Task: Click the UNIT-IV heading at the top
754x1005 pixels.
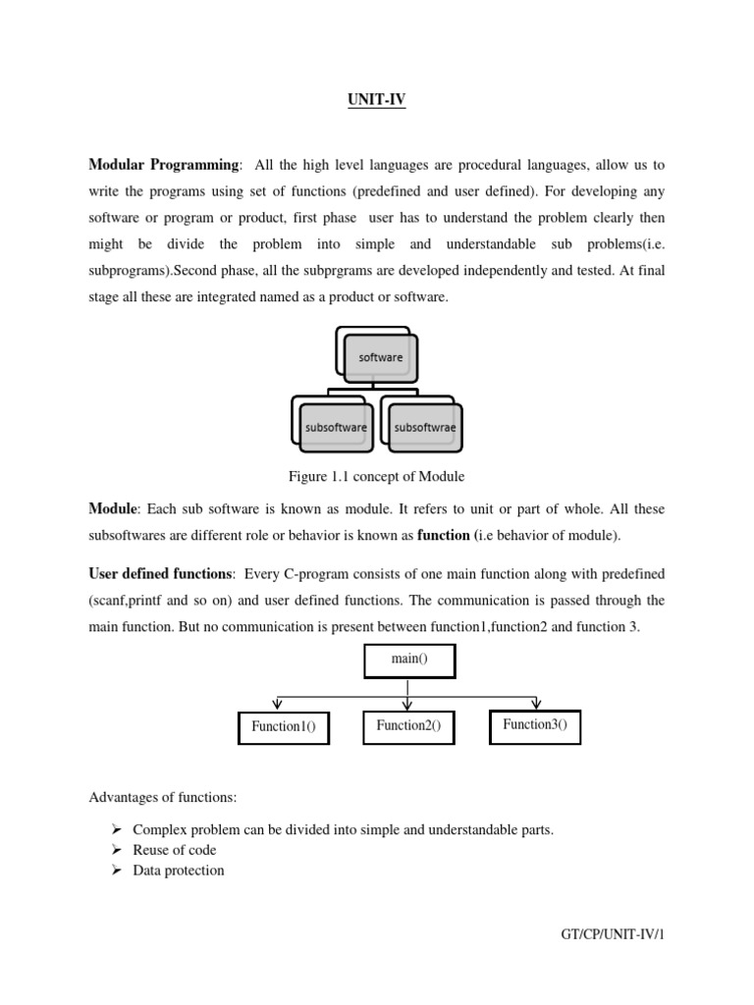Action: [x=378, y=99]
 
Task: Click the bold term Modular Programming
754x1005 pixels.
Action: [x=163, y=165]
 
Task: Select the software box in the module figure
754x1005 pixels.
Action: [x=380, y=357]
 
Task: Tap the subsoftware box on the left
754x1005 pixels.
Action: [x=335, y=427]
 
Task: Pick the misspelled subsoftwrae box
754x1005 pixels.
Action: [x=425, y=427]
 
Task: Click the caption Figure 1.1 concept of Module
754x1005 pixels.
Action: [x=376, y=477]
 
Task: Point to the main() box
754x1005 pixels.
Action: [x=409, y=661]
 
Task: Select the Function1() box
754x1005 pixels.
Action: [x=284, y=727]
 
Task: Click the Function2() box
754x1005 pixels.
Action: [x=408, y=726]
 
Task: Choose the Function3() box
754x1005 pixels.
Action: [x=534, y=725]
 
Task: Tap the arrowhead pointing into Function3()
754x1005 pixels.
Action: [x=535, y=704]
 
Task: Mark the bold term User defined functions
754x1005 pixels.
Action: [x=161, y=573]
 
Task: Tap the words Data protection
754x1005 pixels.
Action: [x=179, y=871]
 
